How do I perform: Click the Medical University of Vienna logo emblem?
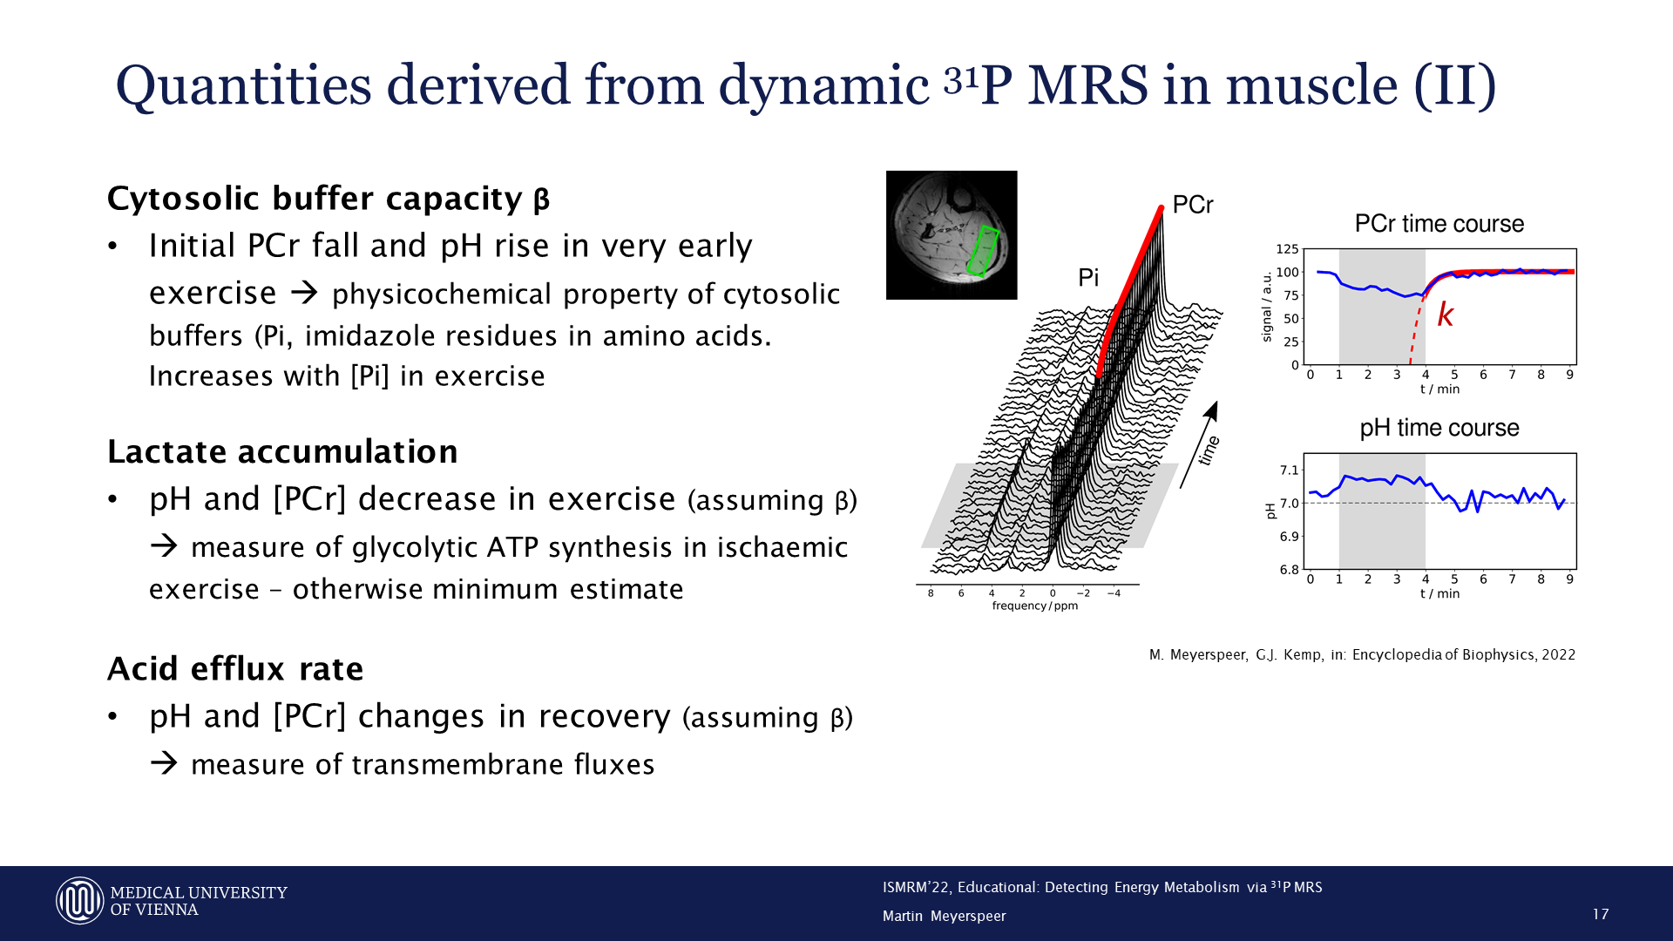[x=80, y=900]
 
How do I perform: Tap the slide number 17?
[x=1601, y=914]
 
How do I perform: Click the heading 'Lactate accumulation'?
[x=282, y=451]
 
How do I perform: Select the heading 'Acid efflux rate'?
[x=235, y=668]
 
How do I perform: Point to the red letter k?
[x=1446, y=315]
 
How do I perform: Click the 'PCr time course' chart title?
[x=1439, y=224]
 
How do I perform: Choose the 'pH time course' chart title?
[x=1439, y=428]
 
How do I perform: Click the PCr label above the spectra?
[x=1193, y=205]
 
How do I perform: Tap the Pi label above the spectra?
[x=1088, y=277]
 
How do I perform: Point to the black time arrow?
[x=1199, y=445]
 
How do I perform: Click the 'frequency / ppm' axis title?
[x=1035, y=606]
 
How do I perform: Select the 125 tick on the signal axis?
[x=1287, y=249]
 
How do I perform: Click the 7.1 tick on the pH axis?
[x=1289, y=470]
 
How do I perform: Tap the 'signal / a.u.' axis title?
[x=1267, y=307]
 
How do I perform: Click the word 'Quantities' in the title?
[x=244, y=86]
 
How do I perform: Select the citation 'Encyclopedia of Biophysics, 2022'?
[x=1464, y=655]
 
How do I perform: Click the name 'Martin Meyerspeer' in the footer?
[x=945, y=916]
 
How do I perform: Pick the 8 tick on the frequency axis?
[x=931, y=593]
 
